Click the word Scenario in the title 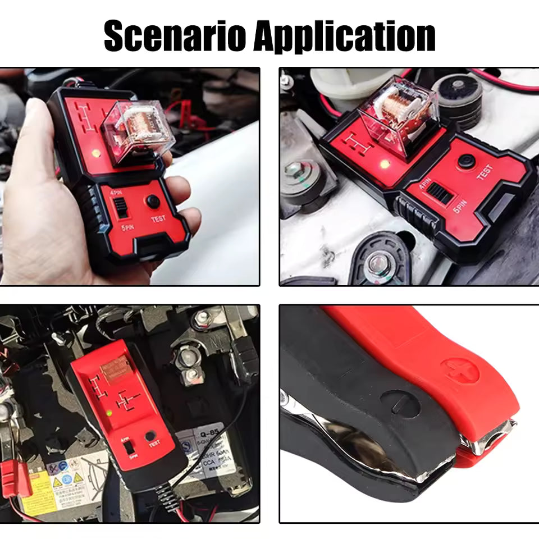[175, 36]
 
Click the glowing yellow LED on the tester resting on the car [385, 165]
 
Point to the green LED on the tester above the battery [109, 413]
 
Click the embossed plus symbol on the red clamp [459, 371]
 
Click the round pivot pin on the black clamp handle [400, 403]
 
